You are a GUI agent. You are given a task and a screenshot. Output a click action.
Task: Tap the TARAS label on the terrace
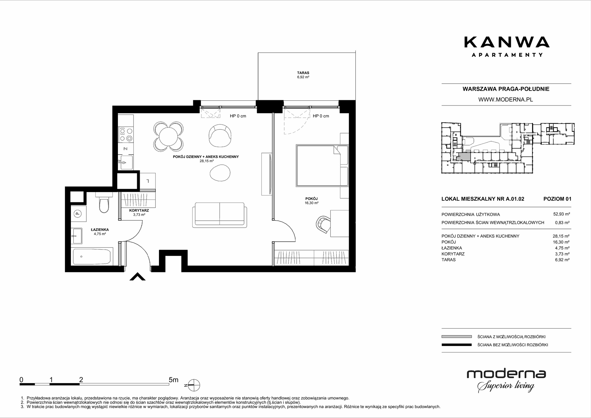(303, 73)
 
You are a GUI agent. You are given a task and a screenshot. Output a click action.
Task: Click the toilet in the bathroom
(104, 202)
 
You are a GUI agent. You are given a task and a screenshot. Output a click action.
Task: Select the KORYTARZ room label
(139, 211)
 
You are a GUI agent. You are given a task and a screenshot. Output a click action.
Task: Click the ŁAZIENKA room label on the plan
(100, 230)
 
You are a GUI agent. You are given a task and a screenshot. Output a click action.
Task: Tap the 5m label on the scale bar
(173, 380)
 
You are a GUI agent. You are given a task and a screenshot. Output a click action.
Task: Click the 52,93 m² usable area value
(561, 214)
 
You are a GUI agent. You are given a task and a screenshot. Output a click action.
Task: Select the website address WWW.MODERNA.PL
(506, 100)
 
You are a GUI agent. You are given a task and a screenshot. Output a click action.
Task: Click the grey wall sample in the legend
(457, 336)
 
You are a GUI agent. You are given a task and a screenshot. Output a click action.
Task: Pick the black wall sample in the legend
(457, 345)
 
